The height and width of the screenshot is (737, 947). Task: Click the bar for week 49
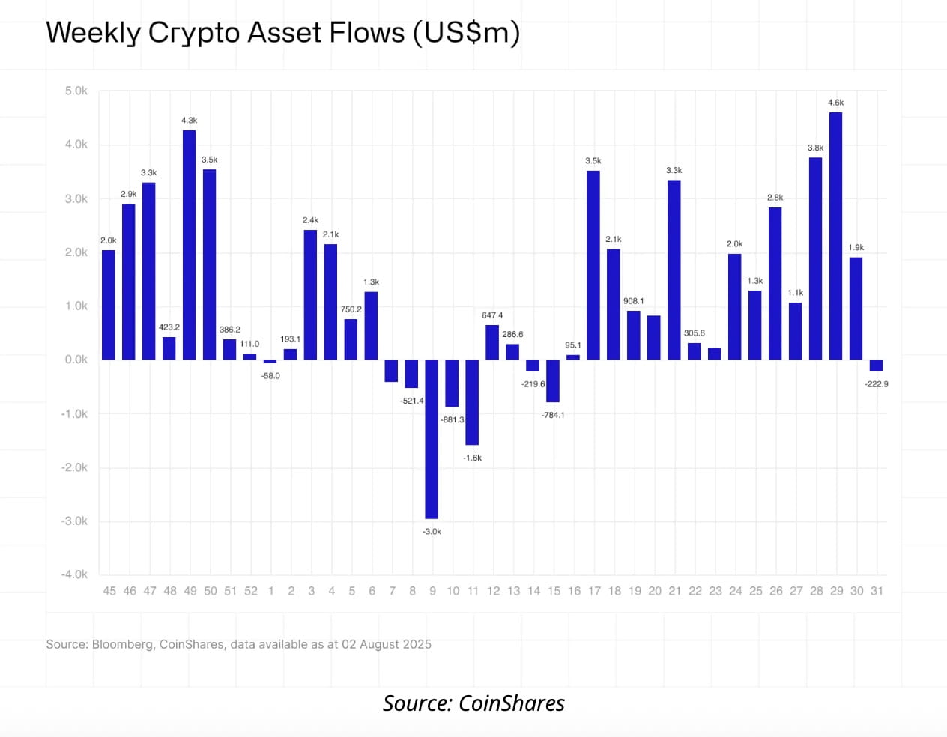[190, 245]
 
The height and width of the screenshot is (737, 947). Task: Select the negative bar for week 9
[432, 439]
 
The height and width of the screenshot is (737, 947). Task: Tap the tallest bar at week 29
[836, 236]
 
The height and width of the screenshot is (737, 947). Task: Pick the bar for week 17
[593, 265]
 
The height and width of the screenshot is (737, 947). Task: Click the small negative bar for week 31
[876, 366]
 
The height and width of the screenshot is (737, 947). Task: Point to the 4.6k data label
[835, 103]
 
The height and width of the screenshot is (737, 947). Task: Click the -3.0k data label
[432, 532]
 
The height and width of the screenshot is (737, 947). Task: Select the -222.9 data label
[876, 384]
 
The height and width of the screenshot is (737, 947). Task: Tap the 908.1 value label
[634, 301]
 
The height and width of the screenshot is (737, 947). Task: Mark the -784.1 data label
[553, 415]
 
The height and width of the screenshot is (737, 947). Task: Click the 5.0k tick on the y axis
[76, 91]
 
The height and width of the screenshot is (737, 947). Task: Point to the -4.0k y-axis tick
[74, 574]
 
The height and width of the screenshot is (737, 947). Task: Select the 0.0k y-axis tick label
[76, 360]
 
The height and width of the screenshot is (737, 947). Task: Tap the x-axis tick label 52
[250, 591]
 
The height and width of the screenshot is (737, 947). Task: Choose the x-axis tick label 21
[674, 591]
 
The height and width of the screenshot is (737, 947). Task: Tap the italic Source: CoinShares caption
[473, 703]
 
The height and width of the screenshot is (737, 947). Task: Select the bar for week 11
[472, 402]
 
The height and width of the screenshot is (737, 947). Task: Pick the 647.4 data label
[492, 315]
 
